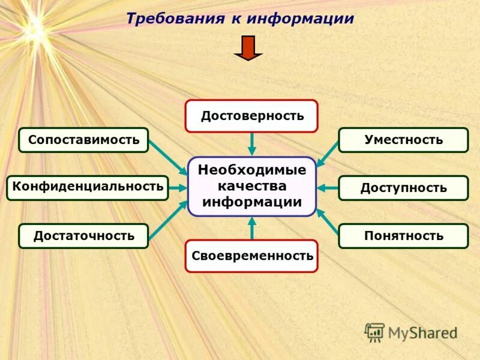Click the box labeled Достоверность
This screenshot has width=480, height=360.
(251, 116)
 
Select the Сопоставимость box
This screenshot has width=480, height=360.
(83, 140)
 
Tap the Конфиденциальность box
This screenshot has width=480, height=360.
(88, 187)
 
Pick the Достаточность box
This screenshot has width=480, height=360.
(83, 236)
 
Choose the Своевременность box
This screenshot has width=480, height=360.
(251, 256)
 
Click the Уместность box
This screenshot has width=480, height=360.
(403, 140)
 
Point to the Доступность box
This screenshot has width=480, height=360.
(403, 188)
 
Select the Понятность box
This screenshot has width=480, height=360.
(403, 236)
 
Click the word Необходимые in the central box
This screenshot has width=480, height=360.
(252, 170)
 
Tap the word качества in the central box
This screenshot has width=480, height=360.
(252, 186)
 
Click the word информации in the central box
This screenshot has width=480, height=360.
(252, 202)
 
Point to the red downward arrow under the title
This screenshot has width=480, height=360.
(248, 48)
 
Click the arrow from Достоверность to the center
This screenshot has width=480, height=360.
(252, 144)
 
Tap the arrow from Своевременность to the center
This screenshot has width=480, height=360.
(252, 228)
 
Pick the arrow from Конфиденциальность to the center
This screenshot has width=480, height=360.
(178, 188)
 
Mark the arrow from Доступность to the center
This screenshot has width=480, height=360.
(328, 188)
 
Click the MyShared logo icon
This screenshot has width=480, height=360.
(375, 331)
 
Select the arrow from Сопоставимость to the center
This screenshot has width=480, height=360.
(168, 157)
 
